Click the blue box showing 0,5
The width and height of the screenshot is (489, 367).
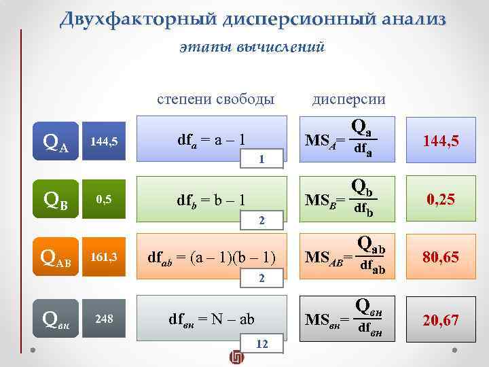[104, 199]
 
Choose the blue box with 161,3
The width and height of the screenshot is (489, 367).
[104, 258]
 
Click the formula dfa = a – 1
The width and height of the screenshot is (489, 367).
[211, 141]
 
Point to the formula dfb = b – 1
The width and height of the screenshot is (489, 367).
[211, 200]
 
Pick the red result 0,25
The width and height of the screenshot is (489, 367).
[441, 200]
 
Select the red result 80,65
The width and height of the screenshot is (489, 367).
[441, 258]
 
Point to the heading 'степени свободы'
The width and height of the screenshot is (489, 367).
[215, 99]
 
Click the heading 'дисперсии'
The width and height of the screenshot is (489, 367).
[348, 99]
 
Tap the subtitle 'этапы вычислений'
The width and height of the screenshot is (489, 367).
[253, 48]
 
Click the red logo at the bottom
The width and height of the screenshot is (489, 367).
[236, 357]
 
